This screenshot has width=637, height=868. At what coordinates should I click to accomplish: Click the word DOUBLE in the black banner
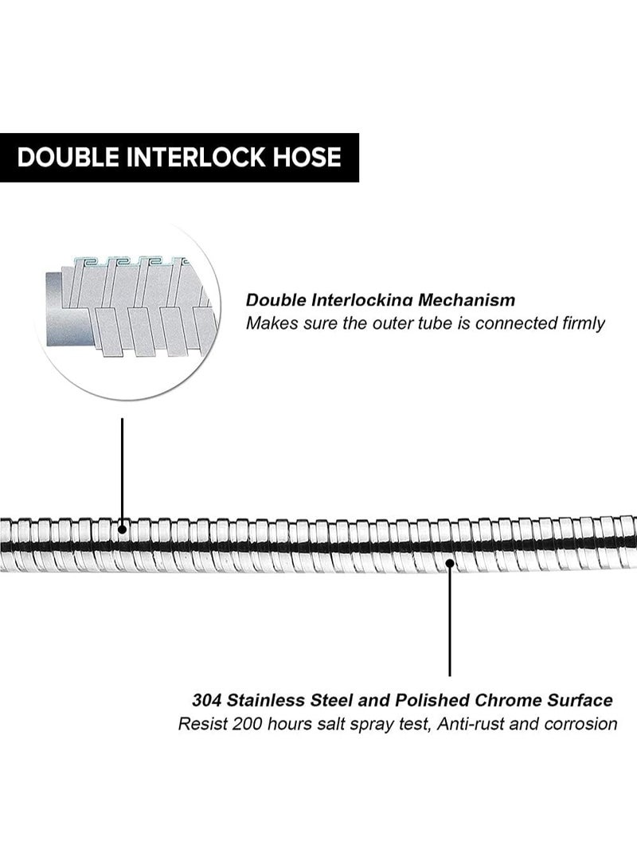[68, 157]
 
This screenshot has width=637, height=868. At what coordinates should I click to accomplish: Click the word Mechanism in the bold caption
[467, 300]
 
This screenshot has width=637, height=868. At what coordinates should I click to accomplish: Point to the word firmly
[584, 323]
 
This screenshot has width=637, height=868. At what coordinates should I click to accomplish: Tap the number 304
[207, 700]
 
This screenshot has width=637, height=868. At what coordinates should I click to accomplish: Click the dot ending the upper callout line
[123, 529]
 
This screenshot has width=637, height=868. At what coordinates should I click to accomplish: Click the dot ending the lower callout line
[450, 563]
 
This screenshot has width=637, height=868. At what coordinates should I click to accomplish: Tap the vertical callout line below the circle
[122, 471]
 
